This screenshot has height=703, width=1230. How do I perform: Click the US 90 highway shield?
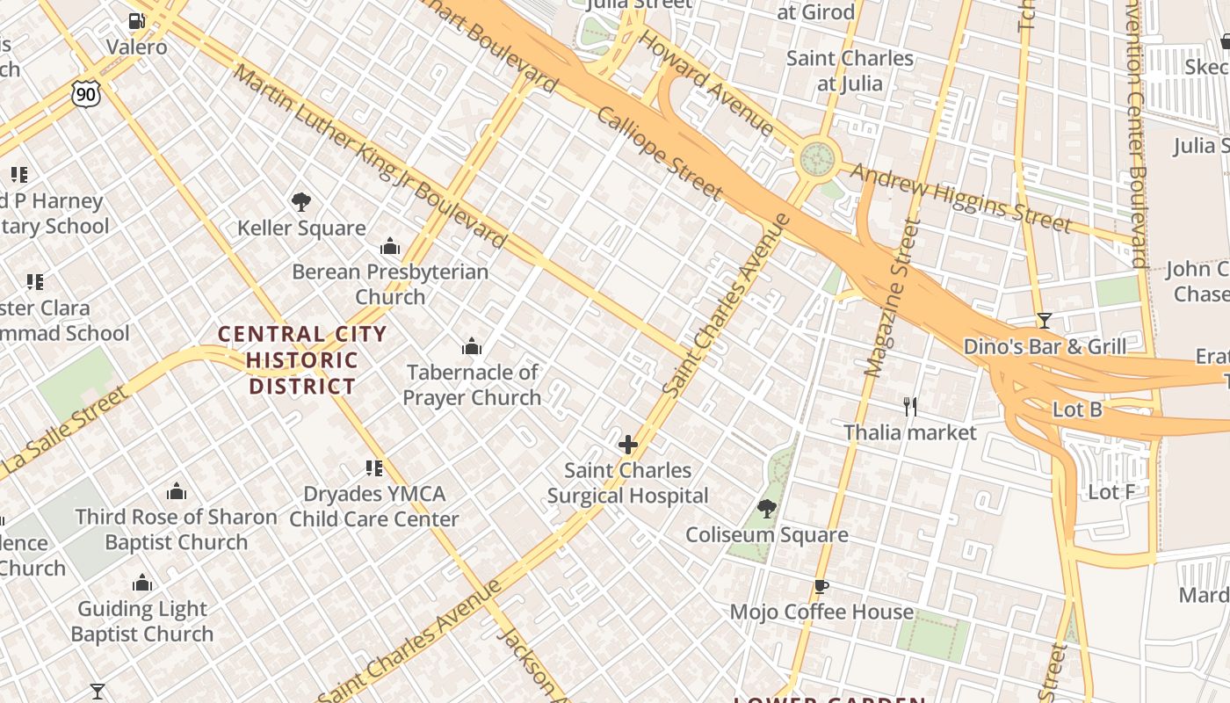tap(86, 93)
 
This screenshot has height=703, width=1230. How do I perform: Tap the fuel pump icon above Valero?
tap(136, 21)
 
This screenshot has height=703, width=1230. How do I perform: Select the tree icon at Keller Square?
tap(300, 202)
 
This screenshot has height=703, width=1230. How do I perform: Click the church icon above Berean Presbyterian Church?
tap(390, 246)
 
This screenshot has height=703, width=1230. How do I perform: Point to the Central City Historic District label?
tap(302, 359)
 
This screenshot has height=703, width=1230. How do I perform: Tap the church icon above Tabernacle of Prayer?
tap(472, 346)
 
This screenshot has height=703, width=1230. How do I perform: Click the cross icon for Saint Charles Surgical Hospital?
tap(627, 445)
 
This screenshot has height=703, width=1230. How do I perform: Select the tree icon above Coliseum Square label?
tap(767, 508)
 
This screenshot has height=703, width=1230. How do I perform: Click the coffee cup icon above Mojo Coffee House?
tap(821, 586)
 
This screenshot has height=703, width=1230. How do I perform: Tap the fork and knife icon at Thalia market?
tap(910, 406)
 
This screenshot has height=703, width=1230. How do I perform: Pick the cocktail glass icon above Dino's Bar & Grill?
tap(1044, 320)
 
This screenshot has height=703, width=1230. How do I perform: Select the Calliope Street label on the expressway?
tap(660, 154)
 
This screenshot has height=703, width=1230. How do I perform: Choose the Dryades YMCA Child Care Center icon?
tap(374, 467)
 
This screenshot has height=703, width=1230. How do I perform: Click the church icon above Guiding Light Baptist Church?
tap(142, 583)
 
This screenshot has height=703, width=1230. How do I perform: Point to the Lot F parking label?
tap(1111, 492)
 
